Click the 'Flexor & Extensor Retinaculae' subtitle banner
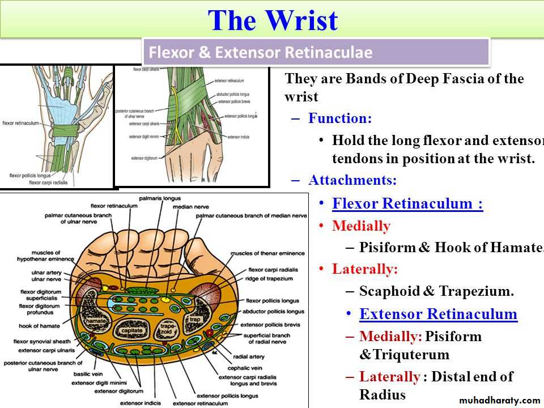(x=260, y=53)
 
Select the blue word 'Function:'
(x=340, y=118)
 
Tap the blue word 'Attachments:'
(x=352, y=180)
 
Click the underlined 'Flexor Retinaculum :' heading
(x=407, y=203)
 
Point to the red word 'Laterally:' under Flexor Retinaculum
(x=365, y=269)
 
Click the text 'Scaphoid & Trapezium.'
(x=436, y=291)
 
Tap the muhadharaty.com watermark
(x=499, y=400)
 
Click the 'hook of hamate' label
(x=40, y=326)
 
